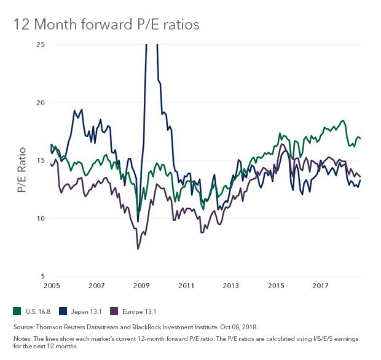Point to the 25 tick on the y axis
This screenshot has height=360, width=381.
click(x=41, y=44)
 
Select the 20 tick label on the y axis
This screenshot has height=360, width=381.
click(x=41, y=103)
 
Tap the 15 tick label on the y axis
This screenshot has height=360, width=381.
click(x=41, y=160)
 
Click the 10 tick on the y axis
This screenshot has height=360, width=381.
click(x=41, y=218)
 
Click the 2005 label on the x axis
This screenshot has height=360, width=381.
click(x=51, y=286)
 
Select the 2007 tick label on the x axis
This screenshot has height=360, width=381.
click(x=96, y=286)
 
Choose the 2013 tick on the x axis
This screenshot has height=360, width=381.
click(x=230, y=286)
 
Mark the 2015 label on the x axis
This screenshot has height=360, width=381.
click(x=275, y=286)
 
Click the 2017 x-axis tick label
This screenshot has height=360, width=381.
click(x=320, y=286)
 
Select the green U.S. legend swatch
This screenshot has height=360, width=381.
click(x=16, y=311)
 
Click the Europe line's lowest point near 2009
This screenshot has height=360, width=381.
click(x=138, y=249)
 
